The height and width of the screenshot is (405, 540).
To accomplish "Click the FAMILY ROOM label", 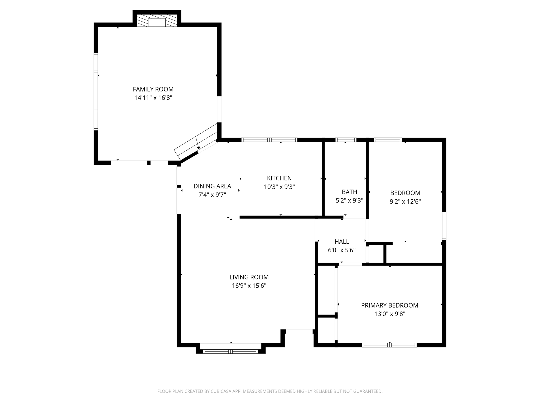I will tap(153, 89).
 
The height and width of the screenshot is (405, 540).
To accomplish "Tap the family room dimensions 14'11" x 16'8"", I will tap(153, 98).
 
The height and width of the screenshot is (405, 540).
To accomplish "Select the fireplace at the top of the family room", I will tap(157, 21).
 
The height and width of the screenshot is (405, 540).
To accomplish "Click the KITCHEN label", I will tap(279, 178).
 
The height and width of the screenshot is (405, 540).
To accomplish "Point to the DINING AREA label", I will tap(212, 186).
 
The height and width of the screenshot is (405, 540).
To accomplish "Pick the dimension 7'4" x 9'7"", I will tap(212, 195).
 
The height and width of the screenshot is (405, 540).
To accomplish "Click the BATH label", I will tap(349, 192).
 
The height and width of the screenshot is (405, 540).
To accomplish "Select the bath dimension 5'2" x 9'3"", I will tap(349, 200).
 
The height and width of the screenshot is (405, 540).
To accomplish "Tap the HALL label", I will tap(342, 242).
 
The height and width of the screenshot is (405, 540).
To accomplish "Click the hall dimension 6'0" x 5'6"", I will tap(342, 250).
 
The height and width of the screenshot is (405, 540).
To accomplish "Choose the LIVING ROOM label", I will tap(249, 277).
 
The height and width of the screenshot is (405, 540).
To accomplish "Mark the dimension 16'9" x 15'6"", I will tap(249, 286).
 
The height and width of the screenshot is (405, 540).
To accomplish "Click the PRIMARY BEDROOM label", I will tap(389, 305).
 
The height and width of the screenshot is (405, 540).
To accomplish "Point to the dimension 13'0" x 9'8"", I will tap(389, 314).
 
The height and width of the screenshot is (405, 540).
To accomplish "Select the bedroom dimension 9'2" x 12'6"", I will tap(405, 202).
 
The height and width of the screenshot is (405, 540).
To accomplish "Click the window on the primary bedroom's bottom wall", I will tap(389, 345).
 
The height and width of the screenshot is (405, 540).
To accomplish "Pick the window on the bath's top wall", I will tap(346, 140).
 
